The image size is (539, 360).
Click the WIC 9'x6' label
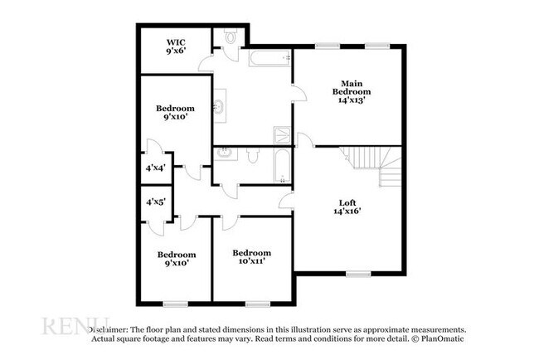coord(175,46)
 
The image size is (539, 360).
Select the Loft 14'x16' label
coord(348,206)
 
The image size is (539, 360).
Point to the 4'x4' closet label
coord(156,168)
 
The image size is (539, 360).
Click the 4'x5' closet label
coord(156,202)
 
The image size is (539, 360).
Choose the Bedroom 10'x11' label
coord(252,257)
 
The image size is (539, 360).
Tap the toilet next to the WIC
coord(231,37)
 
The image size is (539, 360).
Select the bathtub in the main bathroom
coord(268,59)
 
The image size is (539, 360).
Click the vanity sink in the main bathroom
coord(220,105)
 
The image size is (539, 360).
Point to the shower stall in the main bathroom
coord(282,137)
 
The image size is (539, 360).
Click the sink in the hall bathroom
coord(225,153)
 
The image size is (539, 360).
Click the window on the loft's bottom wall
coord(358,274)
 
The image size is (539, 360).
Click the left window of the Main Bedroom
coord(325,45)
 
